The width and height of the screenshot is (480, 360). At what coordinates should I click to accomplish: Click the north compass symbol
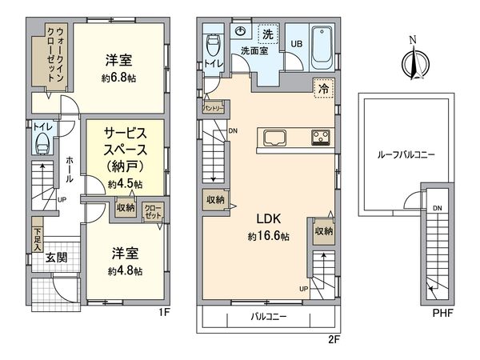click(413, 61)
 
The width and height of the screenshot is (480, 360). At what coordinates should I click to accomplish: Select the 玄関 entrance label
click(57, 258)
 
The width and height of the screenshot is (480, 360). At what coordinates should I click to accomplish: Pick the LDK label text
click(268, 218)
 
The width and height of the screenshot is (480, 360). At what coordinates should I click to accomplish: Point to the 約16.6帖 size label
click(268, 237)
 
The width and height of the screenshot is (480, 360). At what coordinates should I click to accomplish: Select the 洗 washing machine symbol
click(267, 34)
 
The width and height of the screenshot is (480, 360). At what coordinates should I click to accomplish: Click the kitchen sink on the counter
click(273, 135)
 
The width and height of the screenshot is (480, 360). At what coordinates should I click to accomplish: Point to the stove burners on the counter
click(321, 135)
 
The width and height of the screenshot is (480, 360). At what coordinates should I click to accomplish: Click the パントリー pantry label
click(212, 106)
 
